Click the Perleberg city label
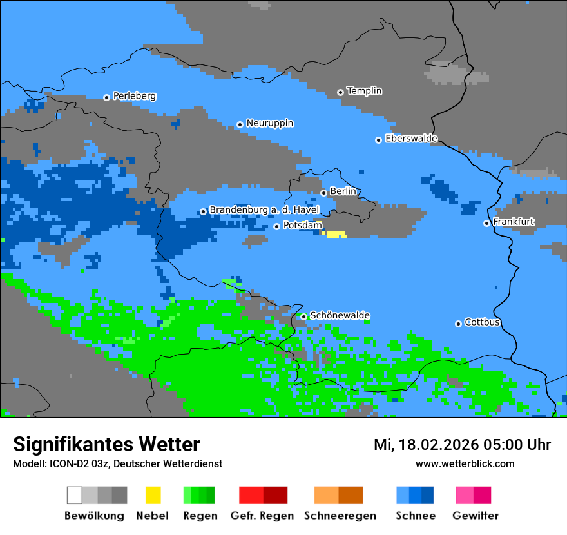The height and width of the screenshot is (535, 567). pos(134,96)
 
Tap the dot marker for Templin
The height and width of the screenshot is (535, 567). pos(340,92)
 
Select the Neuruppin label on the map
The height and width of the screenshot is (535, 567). pos(269,123)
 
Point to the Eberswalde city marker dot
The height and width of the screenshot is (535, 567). pos(379,140)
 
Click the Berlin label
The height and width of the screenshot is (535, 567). pos(343,191)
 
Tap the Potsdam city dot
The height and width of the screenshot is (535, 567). pos(276,226)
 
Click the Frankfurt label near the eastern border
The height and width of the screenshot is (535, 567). pos(514,222)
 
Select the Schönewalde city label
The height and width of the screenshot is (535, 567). pos(340,315)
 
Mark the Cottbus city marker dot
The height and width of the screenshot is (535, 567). pos(458,324)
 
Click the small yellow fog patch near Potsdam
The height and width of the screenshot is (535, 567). pos(336,235)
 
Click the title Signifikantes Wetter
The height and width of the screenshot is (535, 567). pos(106,444)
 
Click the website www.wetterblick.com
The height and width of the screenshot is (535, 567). pos(465,463)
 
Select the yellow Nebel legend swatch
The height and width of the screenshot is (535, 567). pos(153,495)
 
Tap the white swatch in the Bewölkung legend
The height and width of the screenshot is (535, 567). pos(74,495)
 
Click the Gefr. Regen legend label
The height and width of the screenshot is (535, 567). pos(262,516)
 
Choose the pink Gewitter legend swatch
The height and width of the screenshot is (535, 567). pos(465,495)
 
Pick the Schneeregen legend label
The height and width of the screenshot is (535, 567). pos(340,516)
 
